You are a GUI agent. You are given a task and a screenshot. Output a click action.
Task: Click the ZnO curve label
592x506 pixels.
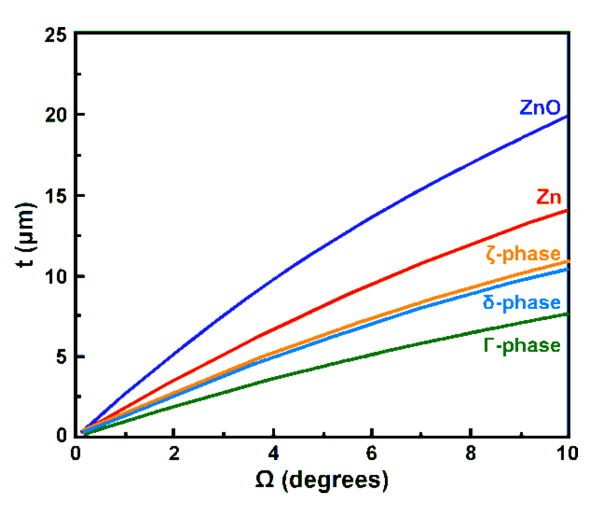click(x=540, y=107)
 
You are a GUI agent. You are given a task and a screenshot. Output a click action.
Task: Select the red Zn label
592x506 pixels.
click(x=549, y=197)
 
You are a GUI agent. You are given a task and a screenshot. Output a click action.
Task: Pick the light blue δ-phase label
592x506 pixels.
click(x=522, y=303)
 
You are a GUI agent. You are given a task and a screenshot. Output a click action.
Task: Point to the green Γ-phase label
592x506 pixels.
click(x=522, y=346)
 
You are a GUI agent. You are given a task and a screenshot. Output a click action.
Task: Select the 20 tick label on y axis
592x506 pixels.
click(x=56, y=115)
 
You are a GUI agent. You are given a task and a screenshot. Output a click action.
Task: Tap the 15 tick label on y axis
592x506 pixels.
click(x=56, y=196)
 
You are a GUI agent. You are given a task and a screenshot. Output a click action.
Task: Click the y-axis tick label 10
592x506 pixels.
click(x=56, y=276)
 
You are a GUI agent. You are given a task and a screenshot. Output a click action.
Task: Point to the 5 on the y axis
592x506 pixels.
click(x=61, y=357)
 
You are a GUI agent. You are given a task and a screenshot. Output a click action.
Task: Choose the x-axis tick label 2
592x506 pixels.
click(x=174, y=453)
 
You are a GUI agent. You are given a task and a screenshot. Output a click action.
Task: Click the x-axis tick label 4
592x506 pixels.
click(x=273, y=453)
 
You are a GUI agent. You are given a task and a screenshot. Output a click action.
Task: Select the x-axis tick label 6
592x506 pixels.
click(x=372, y=453)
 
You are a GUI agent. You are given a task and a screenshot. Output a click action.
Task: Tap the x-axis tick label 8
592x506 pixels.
click(x=471, y=453)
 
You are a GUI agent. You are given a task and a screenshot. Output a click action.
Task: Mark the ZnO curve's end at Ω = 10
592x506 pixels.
click(x=567, y=117)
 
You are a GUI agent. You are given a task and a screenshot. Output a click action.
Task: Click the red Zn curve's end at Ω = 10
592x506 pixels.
click(x=567, y=211)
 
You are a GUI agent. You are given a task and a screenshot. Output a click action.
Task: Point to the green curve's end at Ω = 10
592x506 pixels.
click(x=567, y=314)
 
